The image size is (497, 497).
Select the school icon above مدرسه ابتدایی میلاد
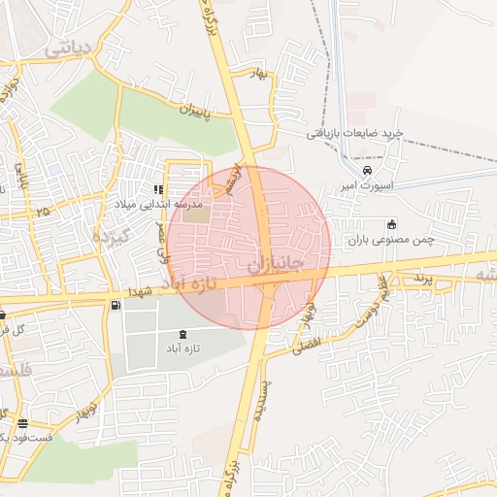click(158, 189)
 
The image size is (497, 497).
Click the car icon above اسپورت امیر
click(367, 170)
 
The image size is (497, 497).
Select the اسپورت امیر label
click(367, 184)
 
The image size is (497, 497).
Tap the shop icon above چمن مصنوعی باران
click(392, 224)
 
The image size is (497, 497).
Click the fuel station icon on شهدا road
click(116, 306)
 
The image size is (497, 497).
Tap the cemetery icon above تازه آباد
click(185, 334)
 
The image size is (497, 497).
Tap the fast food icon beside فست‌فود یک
click(22, 423)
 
